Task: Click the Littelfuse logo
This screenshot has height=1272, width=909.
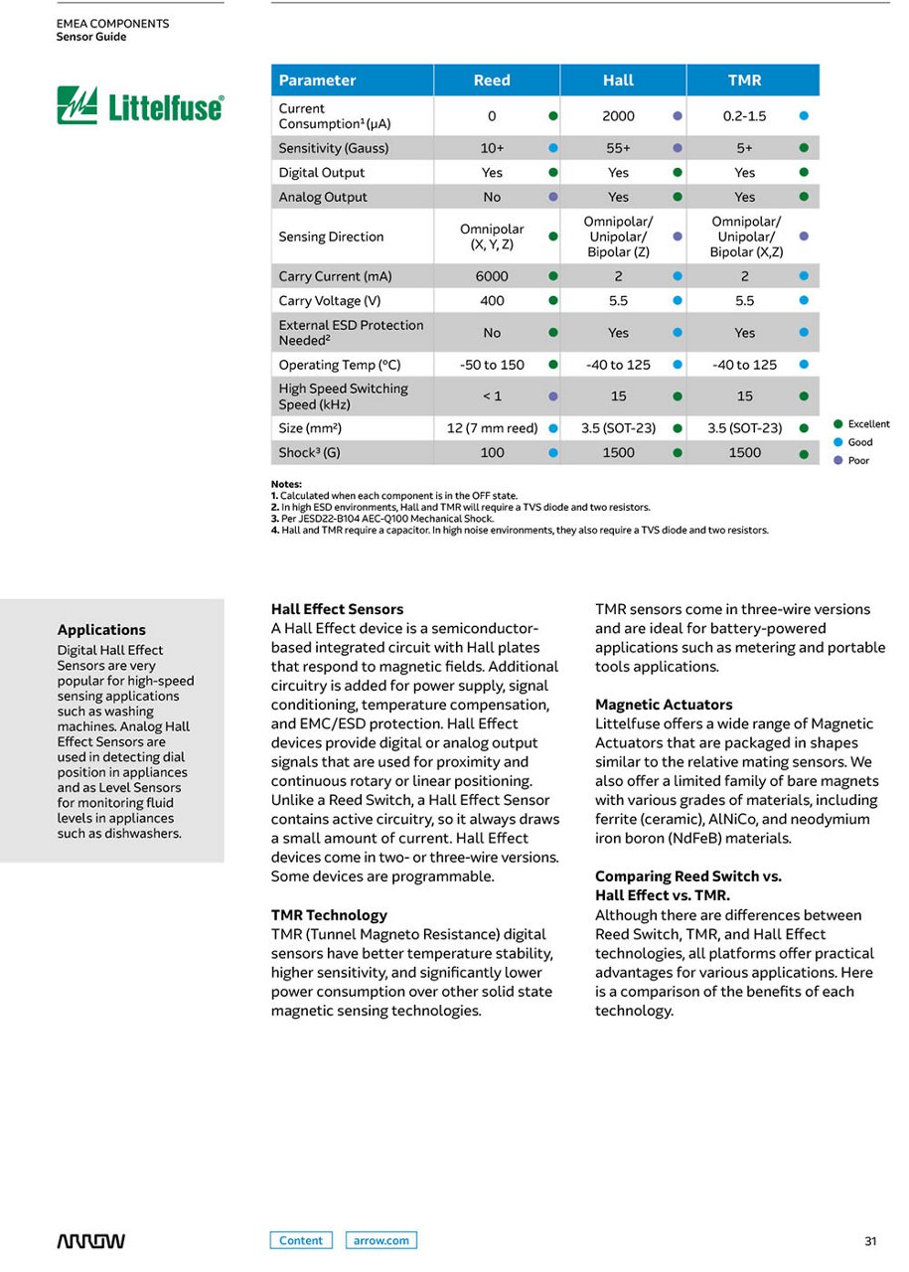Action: pyautogui.click(x=140, y=105)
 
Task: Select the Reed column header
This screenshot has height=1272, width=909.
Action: pyautogui.click(x=492, y=80)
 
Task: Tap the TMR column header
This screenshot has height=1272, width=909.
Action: pyautogui.click(x=744, y=80)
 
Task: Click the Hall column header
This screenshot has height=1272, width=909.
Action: pyautogui.click(x=618, y=80)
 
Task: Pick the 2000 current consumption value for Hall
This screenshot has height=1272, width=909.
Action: pyautogui.click(x=618, y=116)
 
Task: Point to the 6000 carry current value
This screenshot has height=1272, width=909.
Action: pyautogui.click(x=492, y=276)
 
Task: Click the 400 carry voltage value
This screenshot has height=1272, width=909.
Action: pyautogui.click(x=492, y=301)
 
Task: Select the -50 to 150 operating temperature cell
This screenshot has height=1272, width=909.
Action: pyautogui.click(x=492, y=365)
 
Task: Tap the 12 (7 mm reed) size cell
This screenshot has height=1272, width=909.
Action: pyautogui.click(x=492, y=428)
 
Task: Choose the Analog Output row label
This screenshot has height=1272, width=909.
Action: pyautogui.click(x=323, y=197)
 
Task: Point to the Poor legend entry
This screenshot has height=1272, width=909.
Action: pyautogui.click(x=857, y=461)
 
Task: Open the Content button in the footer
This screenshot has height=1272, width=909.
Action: pyautogui.click(x=301, y=1240)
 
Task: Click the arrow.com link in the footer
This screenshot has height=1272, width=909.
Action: pyautogui.click(x=381, y=1240)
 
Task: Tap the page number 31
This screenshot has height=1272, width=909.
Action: pyautogui.click(x=870, y=1241)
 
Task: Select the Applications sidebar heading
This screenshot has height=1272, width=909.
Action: pyautogui.click(x=101, y=630)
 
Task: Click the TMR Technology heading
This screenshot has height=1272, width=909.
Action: pyautogui.click(x=329, y=915)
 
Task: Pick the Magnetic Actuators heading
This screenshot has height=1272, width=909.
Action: pyautogui.click(x=664, y=705)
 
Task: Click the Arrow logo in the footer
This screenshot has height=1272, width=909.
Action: pyautogui.click(x=90, y=1241)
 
